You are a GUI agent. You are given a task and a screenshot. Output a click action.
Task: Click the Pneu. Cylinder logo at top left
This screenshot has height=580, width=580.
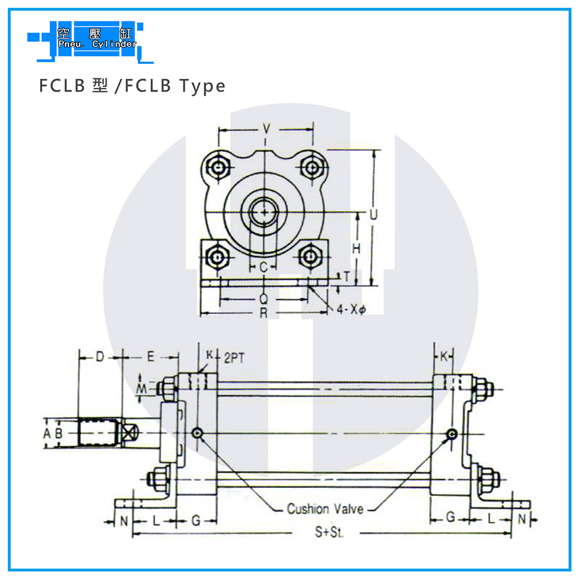tap(90, 41)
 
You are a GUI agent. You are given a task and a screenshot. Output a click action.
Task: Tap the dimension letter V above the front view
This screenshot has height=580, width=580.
tap(266, 129)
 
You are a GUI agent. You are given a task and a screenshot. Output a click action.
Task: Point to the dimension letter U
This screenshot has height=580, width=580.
tap(373, 214)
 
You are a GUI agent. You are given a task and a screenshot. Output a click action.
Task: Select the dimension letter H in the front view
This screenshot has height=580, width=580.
tap(356, 249)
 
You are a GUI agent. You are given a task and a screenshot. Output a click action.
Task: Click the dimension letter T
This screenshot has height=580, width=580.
tap(347, 276)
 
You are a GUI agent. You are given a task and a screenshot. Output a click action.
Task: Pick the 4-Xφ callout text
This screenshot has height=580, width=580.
tap(351, 309)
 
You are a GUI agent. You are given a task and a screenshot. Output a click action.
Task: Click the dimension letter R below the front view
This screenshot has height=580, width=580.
tap(263, 313)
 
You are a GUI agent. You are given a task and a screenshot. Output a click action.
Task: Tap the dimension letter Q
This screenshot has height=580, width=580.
tap(263, 299)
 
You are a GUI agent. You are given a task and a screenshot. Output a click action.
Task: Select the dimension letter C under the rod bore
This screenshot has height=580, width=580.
tap(263, 267)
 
